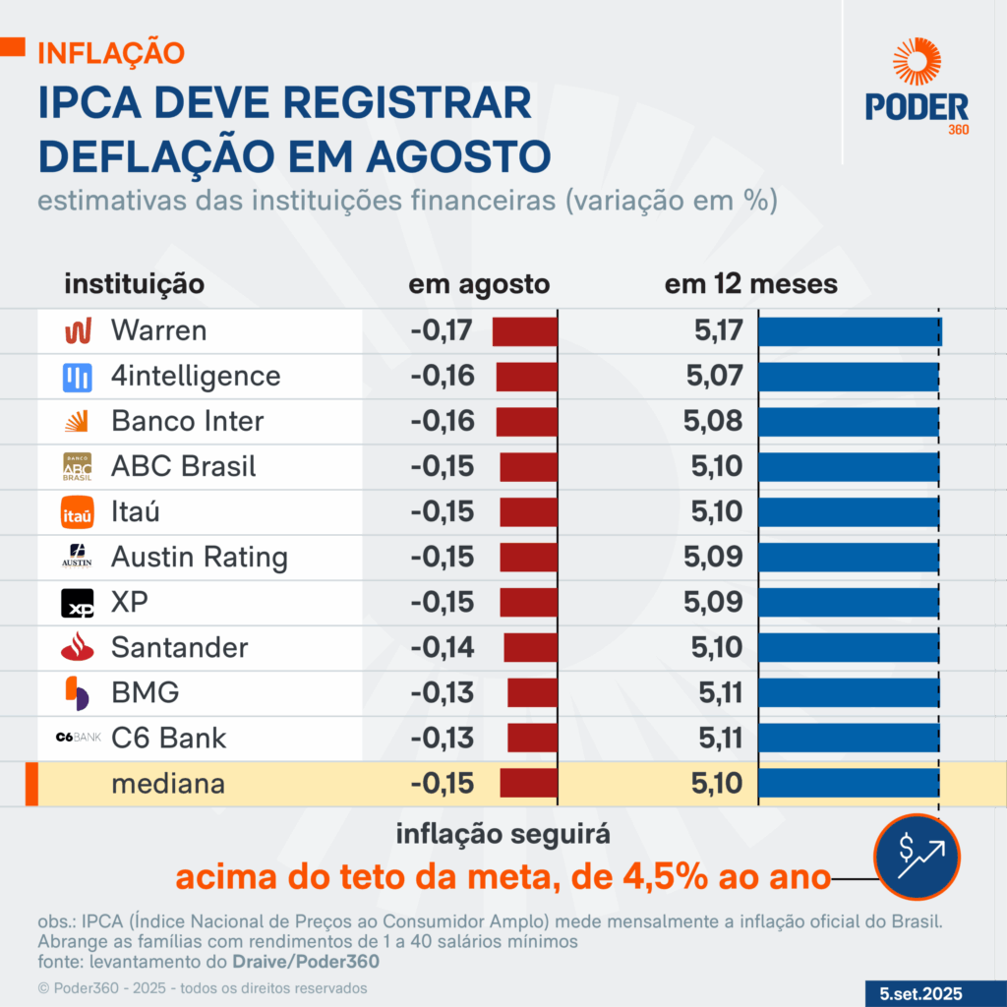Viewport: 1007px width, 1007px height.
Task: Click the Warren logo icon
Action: tap(78, 330)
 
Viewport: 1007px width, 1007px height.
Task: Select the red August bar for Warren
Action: tap(525, 330)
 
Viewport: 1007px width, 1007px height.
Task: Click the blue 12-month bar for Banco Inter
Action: tap(848, 421)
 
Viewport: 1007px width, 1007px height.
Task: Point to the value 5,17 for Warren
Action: tap(718, 330)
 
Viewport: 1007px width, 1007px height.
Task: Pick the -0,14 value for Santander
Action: tap(443, 647)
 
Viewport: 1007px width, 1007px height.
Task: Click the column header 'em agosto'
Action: tap(479, 284)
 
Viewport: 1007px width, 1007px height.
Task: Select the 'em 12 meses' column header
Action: tap(751, 284)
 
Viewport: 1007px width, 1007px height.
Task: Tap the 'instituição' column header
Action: tap(135, 284)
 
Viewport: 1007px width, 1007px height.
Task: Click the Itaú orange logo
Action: tap(78, 512)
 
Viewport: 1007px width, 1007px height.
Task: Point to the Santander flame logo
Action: tap(78, 647)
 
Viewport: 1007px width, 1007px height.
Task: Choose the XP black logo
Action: tap(78, 603)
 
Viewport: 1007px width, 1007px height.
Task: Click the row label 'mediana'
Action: tap(168, 784)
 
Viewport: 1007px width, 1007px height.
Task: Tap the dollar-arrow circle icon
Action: tap(917, 857)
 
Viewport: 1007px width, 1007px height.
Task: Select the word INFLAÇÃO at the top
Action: tap(110, 52)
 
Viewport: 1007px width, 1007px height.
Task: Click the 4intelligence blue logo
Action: tap(78, 376)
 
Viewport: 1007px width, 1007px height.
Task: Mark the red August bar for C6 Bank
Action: tap(533, 738)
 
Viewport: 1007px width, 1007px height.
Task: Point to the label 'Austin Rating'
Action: tap(200, 558)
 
